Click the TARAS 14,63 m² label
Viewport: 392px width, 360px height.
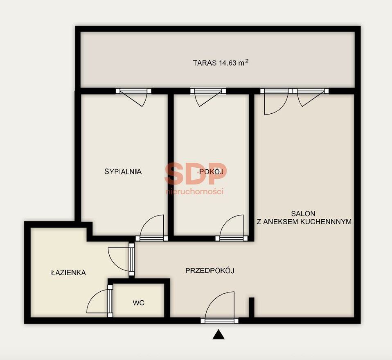tap(221, 63)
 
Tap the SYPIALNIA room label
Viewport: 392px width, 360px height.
tap(123, 172)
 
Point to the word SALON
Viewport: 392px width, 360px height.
tap(303, 214)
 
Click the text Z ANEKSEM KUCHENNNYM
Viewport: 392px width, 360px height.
tap(304, 222)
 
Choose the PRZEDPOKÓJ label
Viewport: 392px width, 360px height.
tap(210, 270)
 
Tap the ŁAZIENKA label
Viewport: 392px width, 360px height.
tap(68, 272)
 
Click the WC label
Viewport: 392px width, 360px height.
tap(138, 303)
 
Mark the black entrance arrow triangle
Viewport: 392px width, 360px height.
tap(219, 334)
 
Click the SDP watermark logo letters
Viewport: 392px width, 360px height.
tap(196, 174)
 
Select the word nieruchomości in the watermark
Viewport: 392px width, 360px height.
tap(194, 191)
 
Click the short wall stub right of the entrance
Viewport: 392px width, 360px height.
tap(252, 308)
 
